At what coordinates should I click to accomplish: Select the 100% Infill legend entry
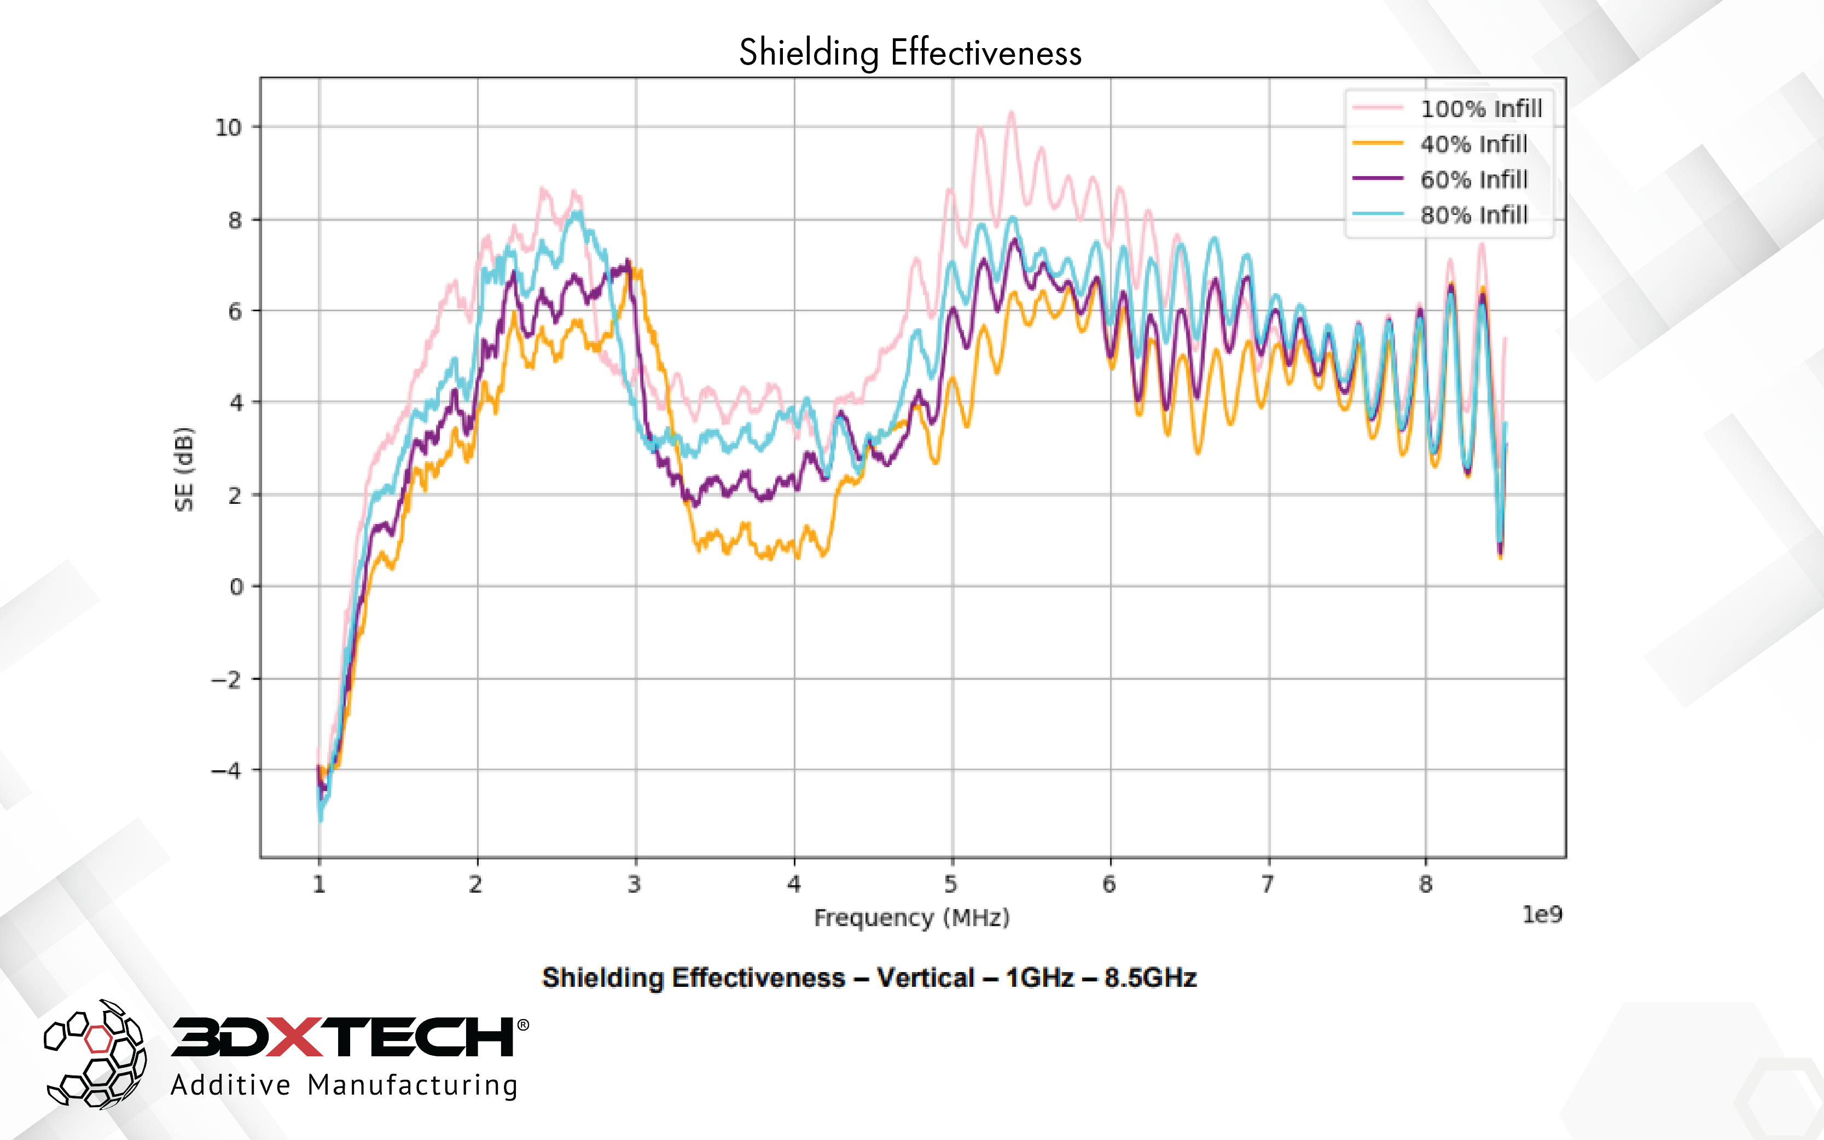pos(1480,108)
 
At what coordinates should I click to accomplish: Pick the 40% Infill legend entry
pos(1473,144)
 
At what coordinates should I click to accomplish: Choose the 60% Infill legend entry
pos(1473,179)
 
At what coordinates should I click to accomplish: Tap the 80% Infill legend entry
pos(1473,215)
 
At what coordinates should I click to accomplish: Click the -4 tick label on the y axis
pos(225,771)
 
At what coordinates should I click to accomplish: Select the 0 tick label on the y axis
pos(236,586)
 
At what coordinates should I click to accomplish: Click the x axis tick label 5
pos(951,883)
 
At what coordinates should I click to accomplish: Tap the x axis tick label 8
pos(1425,883)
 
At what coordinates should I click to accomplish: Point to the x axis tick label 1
pos(319,883)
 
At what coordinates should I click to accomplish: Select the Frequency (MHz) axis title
pos(911,917)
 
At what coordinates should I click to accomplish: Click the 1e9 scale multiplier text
pos(1541,915)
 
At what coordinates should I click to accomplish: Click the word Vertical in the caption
pos(925,978)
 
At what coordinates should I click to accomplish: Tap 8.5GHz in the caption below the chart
pos(1150,978)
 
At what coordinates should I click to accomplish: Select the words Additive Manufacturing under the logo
pos(344,1085)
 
